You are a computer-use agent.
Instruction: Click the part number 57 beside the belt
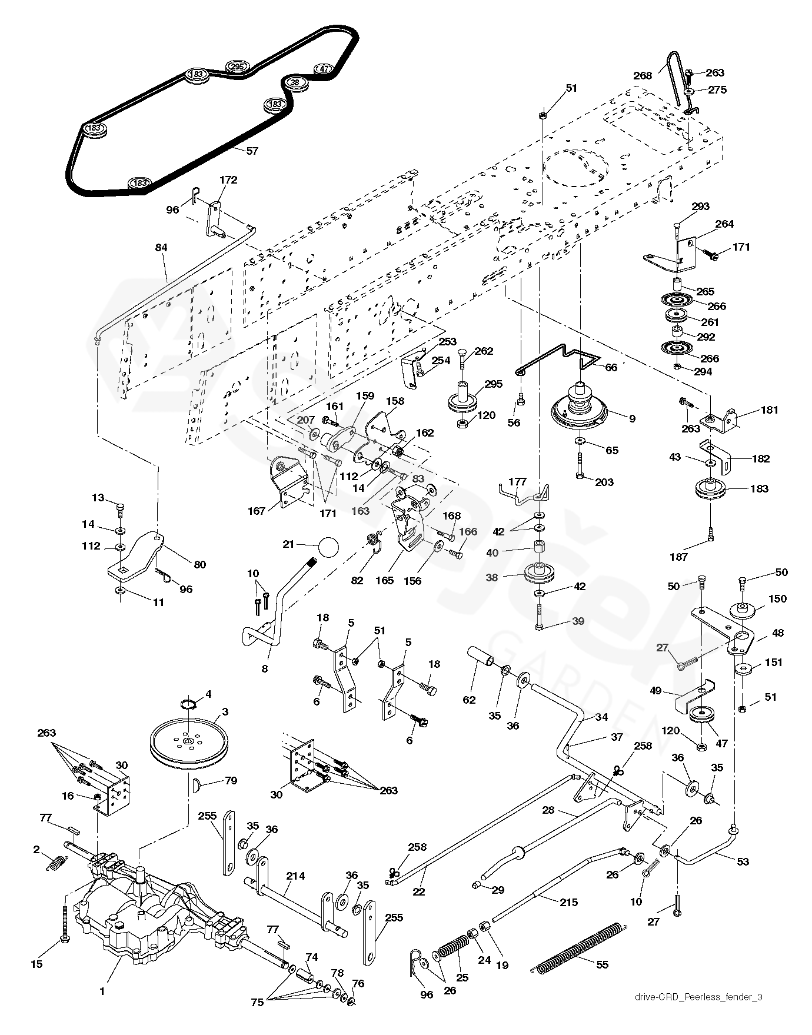tap(252, 151)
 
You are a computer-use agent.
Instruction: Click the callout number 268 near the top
tap(643, 75)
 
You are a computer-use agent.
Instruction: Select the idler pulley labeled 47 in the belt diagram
tap(324, 68)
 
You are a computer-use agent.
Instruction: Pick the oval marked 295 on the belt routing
tap(237, 66)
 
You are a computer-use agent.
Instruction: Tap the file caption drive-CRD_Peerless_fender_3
tap(698, 997)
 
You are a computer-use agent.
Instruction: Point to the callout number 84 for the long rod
tap(161, 248)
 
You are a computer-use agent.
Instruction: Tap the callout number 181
tap(753, 410)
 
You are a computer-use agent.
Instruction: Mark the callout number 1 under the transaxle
tap(102, 991)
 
